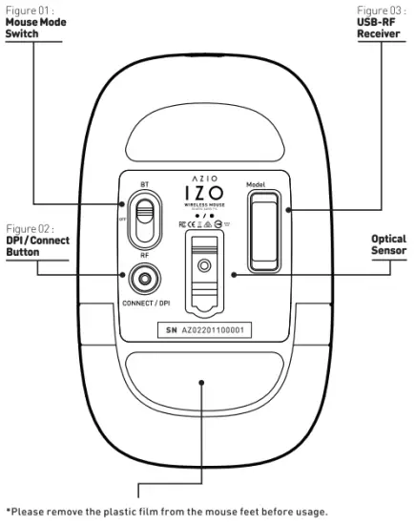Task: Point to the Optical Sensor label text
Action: (387, 244)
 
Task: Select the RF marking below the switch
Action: (144, 255)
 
